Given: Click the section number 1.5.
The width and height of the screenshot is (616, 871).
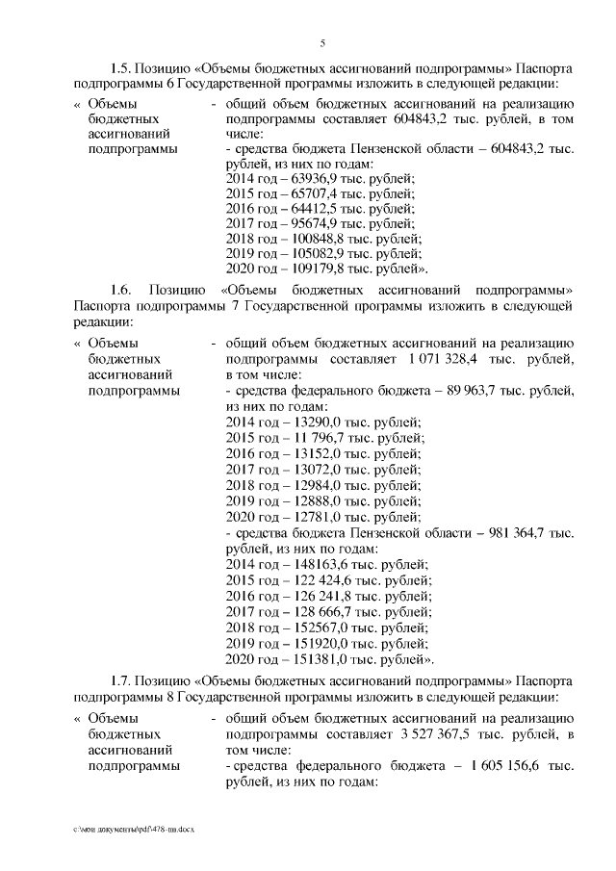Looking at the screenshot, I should pos(121,70).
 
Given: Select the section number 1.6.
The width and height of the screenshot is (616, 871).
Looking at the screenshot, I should pos(121,289).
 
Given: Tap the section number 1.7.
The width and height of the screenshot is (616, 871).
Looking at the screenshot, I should pos(121,681).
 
